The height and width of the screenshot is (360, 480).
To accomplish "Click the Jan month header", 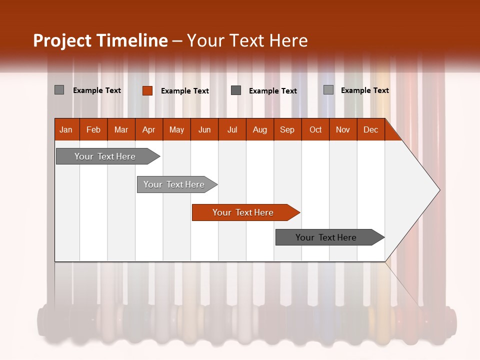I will [66, 129].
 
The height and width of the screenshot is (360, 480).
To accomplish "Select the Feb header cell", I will [93, 129].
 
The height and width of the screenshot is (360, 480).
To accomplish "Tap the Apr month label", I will [148, 129].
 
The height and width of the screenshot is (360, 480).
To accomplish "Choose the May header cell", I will [176, 129].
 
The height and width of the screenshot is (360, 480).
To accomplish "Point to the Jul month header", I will [232, 129].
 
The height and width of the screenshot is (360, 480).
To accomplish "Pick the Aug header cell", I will [259, 129].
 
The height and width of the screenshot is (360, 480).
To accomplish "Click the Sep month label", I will [287, 129].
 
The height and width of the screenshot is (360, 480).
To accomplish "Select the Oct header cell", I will [315, 129].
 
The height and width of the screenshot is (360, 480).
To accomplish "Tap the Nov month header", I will [343, 129].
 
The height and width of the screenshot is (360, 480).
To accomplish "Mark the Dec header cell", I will [370, 129].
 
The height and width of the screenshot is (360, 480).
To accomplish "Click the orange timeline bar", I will [242, 212].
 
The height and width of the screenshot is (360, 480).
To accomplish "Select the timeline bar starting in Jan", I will [105, 156].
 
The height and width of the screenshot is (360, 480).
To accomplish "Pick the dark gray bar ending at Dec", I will [326, 237].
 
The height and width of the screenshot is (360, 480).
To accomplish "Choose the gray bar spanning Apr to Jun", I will [174, 184].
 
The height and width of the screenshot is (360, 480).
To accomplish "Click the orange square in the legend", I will [147, 90].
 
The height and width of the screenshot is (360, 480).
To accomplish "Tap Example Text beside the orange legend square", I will [185, 91].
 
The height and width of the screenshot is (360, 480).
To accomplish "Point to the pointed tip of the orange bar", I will [298, 212].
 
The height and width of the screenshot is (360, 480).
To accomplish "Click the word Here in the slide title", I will [288, 40].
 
